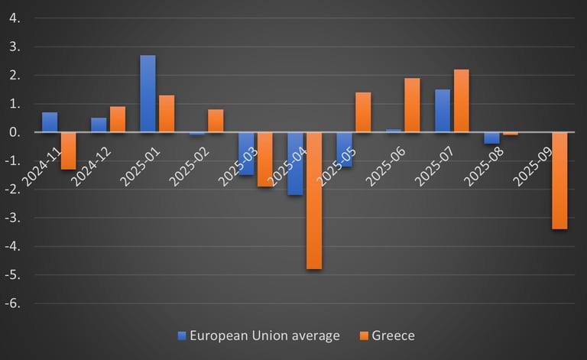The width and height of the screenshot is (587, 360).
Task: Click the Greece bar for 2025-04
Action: coord(314,200)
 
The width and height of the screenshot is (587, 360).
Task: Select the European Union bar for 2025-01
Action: coord(148,94)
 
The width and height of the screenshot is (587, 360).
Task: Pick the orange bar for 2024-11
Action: coord(69,151)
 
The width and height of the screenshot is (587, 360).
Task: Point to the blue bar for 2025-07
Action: coord(443,111)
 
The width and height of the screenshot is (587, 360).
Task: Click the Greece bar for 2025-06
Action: coord(412,105)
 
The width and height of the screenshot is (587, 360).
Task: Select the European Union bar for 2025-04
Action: coord(295,164)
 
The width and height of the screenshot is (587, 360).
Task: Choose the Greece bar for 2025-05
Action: coord(363,112)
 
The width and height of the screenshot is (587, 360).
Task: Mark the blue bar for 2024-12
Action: coord(99,125)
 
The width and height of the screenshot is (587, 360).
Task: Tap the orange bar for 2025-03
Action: coord(265,159)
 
